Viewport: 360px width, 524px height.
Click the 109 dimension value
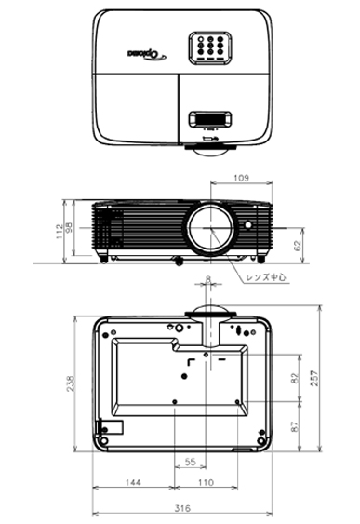click(x=241, y=178)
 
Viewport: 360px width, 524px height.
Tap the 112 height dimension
click(x=60, y=231)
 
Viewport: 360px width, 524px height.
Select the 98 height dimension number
click(x=69, y=228)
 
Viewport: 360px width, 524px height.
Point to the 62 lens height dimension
click(x=298, y=246)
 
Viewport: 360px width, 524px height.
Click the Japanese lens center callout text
click(x=266, y=277)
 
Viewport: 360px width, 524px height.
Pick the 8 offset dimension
click(x=208, y=278)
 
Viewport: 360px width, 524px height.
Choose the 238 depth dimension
click(x=71, y=383)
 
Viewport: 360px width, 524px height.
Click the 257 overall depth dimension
click(x=315, y=378)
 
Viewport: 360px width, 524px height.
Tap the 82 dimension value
click(x=295, y=378)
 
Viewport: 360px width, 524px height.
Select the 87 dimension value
click(x=295, y=426)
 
